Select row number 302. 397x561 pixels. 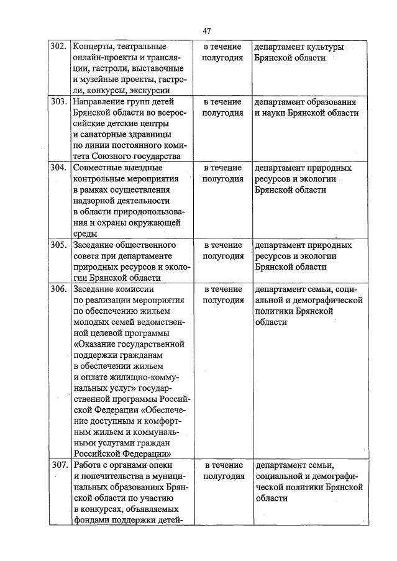(x=58, y=47)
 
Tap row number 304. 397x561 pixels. (x=58, y=168)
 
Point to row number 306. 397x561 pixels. (x=58, y=290)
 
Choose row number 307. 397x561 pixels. (x=58, y=465)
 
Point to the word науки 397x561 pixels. (x=273, y=113)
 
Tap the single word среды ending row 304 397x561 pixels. (x=84, y=234)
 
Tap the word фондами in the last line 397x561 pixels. (x=91, y=521)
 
